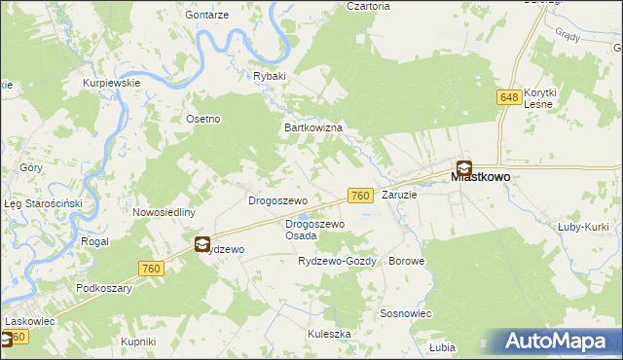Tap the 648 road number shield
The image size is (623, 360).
click(x=509, y=97)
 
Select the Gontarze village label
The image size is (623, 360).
click(x=208, y=17)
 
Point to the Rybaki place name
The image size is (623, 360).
click(x=269, y=76)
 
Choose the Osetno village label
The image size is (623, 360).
click(x=203, y=119)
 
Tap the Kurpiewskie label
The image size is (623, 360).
click(x=112, y=83)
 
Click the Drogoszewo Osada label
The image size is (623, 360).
click(x=314, y=230)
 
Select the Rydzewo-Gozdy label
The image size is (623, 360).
click(x=336, y=262)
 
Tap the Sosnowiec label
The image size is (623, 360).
click(x=406, y=313)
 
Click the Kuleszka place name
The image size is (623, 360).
click(x=329, y=334)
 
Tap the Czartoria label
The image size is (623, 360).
click(x=368, y=6)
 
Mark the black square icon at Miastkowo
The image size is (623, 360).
click(x=464, y=166)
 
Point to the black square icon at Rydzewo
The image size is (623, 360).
click(x=202, y=244)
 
